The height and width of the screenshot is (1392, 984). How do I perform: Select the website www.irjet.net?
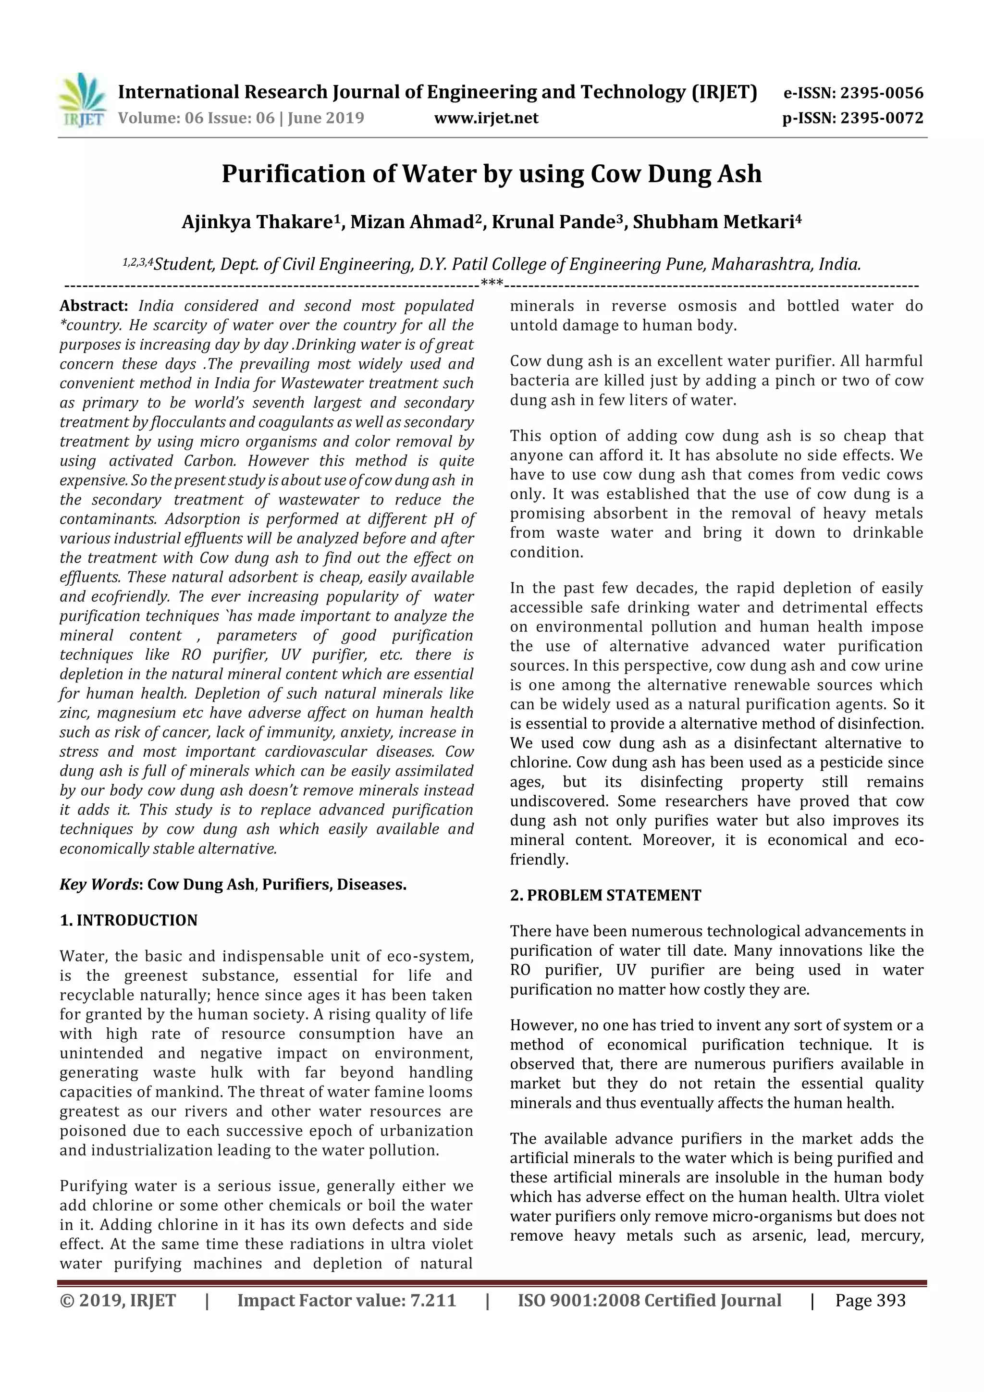(486, 118)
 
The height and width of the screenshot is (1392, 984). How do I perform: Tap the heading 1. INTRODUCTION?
(129, 920)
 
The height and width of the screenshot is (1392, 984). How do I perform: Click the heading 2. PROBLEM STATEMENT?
(605, 896)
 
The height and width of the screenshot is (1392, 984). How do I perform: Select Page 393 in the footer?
(870, 1300)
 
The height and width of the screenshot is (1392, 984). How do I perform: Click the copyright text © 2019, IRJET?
(118, 1300)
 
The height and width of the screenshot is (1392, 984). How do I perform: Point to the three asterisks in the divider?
(492, 283)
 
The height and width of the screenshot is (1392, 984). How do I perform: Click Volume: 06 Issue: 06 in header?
(196, 118)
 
